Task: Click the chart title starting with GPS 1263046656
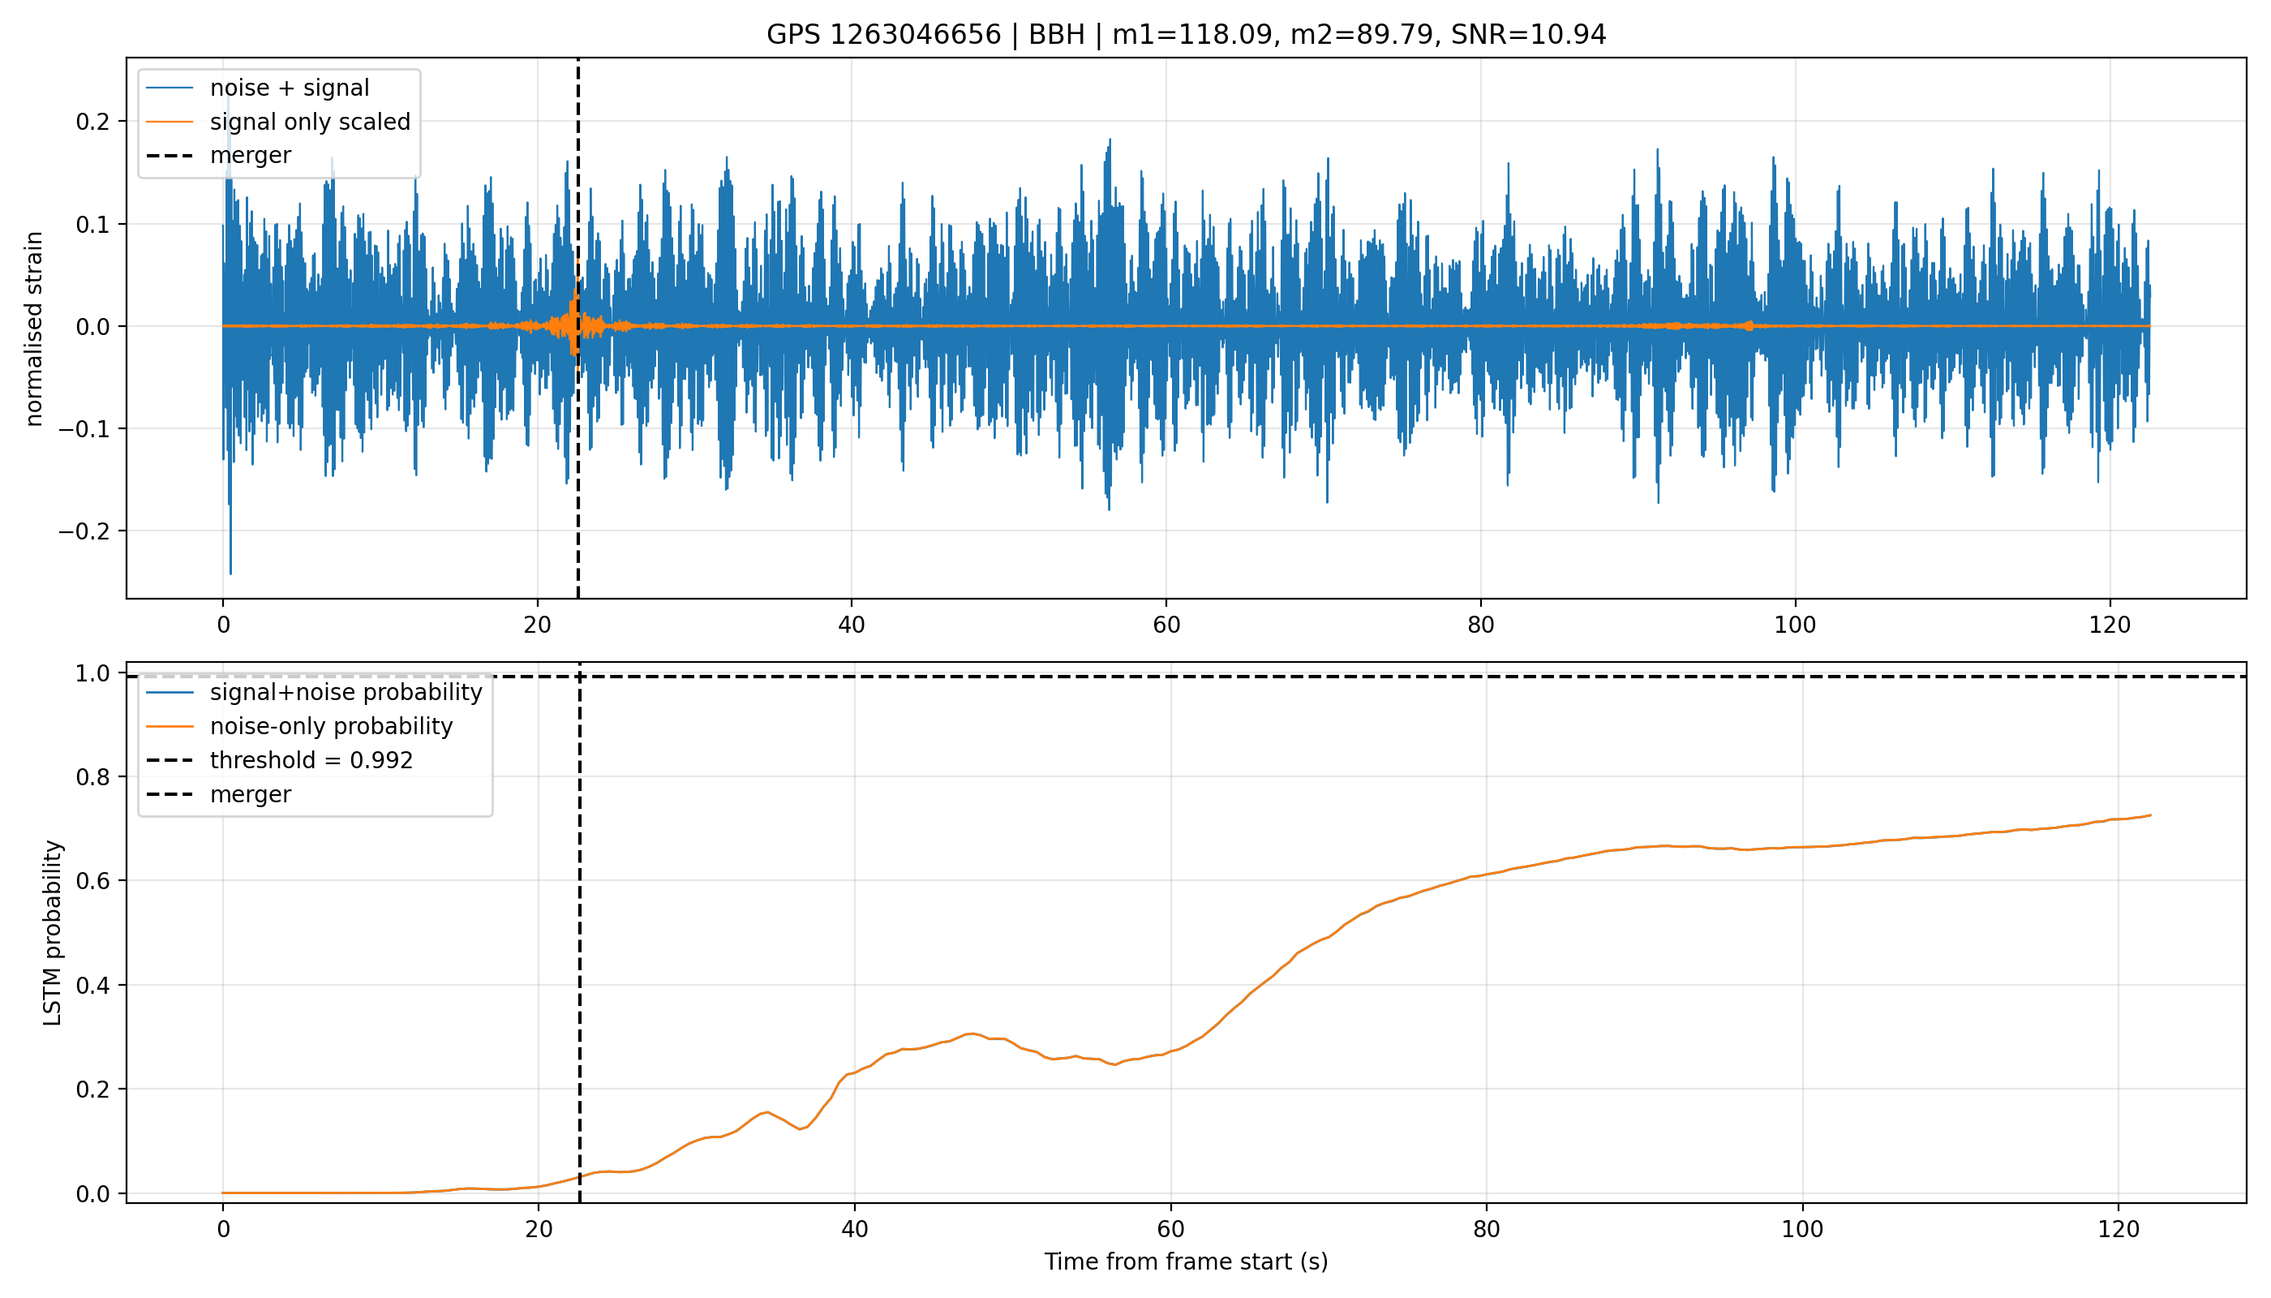(x=1186, y=34)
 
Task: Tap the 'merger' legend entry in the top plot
(x=219, y=155)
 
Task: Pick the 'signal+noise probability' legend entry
(x=315, y=692)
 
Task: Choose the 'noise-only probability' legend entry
(x=300, y=726)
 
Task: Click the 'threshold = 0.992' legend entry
(x=280, y=759)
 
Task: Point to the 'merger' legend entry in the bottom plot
(x=219, y=793)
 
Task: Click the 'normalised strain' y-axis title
(x=34, y=329)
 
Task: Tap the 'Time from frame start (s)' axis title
(x=1186, y=1261)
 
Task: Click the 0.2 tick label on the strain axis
(x=92, y=121)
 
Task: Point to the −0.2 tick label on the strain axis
(x=84, y=531)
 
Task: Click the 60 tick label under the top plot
(x=1166, y=624)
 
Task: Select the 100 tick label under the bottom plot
(x=1802, y=1228)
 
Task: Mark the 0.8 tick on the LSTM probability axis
(x=92, y=776)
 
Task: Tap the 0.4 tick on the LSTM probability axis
(x=92, y=985)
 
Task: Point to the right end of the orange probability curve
(x=2151, y=814)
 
